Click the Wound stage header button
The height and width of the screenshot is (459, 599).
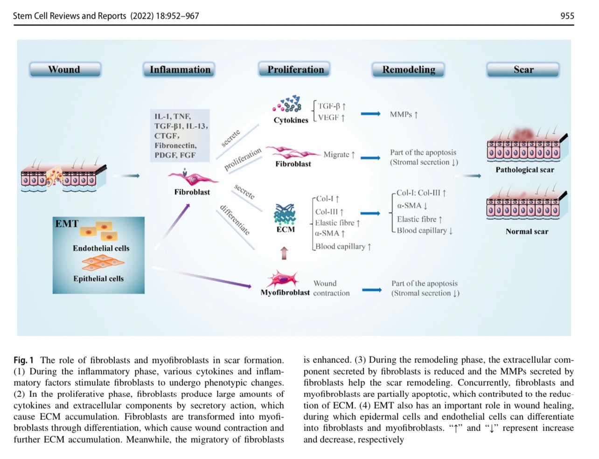point(65,70)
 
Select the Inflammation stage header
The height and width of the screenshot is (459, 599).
point(180,70)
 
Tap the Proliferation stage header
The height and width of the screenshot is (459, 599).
point(295,70)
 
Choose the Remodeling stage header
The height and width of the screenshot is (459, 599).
point(409,70)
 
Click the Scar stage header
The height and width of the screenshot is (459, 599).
point(523,70)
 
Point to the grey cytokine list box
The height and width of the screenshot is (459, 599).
point(180,136)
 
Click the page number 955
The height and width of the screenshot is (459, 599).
point(567,16)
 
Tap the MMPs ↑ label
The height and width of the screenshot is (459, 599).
point(404,114)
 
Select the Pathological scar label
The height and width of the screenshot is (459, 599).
point(525,170)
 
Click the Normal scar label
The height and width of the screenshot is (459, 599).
point(527,231)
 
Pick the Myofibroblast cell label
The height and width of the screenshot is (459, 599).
point(285,292)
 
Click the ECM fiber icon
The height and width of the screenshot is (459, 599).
point(285,214)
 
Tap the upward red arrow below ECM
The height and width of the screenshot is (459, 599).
point(284,253)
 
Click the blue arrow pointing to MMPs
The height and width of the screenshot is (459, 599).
point(370,114)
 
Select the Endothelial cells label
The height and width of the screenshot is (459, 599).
point(101,248)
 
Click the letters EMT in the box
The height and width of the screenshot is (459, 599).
point(67,224)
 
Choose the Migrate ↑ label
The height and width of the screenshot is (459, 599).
point(339,154)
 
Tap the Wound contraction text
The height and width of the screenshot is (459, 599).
point(331,288)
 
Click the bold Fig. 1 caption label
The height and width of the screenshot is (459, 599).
point(24,360)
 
